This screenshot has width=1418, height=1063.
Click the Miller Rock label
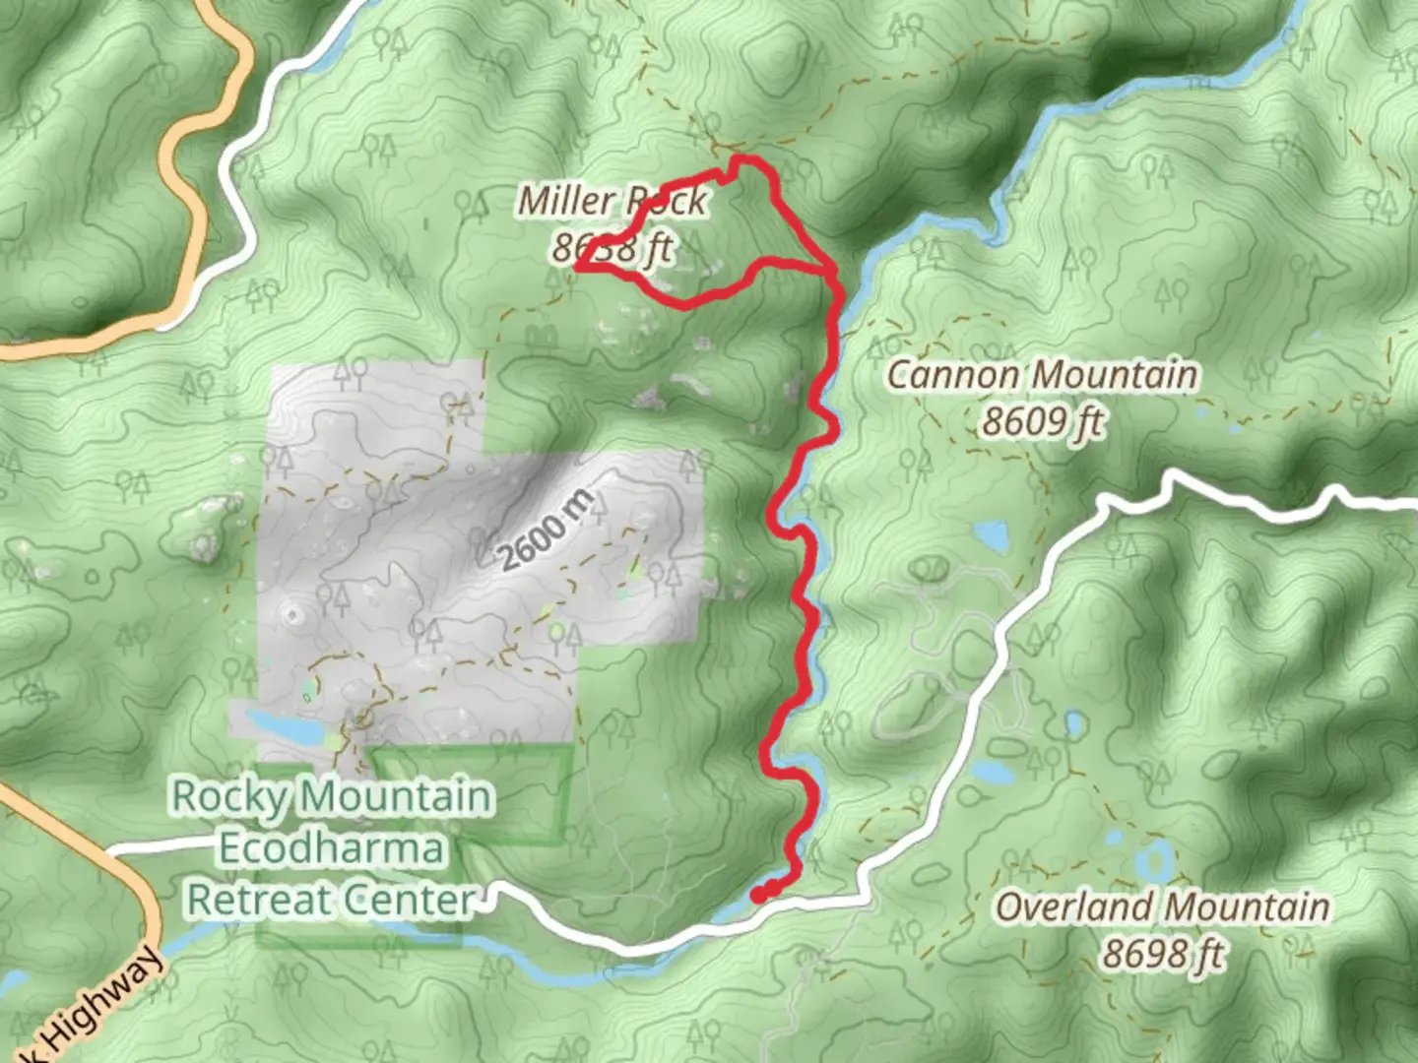612,202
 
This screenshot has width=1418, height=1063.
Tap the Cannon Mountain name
1043,375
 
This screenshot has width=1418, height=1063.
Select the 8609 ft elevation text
1043,421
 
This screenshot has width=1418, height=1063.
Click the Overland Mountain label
1162,907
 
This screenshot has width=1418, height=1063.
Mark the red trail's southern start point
759,895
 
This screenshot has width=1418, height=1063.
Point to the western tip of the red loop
577,267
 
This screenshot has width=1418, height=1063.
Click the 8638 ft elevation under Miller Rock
612,247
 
